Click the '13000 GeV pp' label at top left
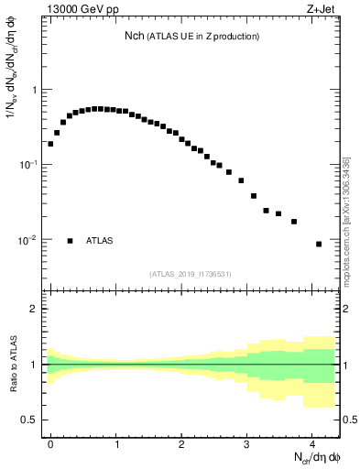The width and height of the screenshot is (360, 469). point(82,11)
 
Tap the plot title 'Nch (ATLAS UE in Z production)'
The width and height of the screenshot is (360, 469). point(192,36)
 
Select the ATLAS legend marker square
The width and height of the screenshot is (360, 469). point(70,241)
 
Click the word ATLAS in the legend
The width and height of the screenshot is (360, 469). point(100,241)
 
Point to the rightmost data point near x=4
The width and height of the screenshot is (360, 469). point(319,244)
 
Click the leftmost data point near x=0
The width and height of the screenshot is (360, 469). point(50,144)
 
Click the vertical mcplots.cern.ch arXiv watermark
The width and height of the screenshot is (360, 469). point(346,220)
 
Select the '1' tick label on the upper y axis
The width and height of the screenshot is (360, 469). point(35,90)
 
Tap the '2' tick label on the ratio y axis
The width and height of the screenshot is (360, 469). point(35,309)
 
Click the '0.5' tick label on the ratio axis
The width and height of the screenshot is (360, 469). point(29,420)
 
